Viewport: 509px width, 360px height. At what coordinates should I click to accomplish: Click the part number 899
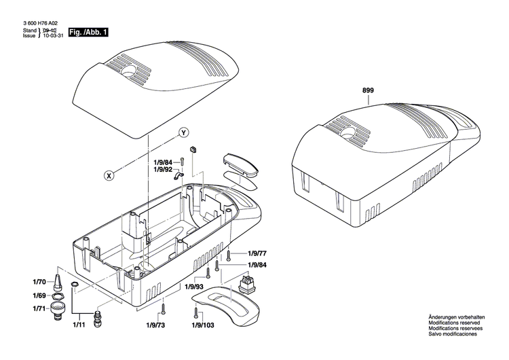point(368,90)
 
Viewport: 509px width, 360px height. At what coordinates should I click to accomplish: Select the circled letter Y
point(183,132)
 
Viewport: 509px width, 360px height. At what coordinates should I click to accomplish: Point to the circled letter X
point(108,175)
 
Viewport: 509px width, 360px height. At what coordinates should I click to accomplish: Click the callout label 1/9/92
point(164,169)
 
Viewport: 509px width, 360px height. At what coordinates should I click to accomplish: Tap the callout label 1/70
point(39,281)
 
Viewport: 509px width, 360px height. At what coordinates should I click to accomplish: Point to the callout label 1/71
point(39,309)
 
